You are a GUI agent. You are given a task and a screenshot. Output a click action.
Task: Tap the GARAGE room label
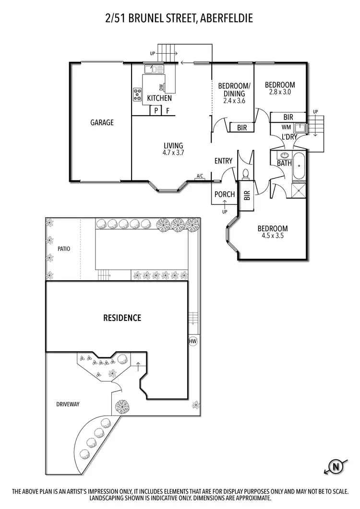102,122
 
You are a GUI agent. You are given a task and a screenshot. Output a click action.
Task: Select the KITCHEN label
159,98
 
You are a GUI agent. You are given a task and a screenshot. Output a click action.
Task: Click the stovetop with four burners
137,94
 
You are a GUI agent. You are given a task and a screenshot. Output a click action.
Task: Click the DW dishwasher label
161,87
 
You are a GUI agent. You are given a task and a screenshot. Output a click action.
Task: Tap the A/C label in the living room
199,177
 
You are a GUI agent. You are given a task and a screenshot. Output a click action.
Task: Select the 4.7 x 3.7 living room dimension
173,153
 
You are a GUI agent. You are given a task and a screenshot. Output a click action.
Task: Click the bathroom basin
284,155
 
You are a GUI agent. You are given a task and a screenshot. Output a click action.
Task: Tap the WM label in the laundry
287,127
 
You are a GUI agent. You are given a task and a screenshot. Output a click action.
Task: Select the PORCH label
225,194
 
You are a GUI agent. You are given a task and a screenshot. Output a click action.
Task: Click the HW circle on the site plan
193,342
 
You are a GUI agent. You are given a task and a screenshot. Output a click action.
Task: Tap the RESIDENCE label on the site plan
122,318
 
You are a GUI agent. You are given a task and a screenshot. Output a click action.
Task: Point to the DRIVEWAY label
68,404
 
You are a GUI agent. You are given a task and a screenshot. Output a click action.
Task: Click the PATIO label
64,249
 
